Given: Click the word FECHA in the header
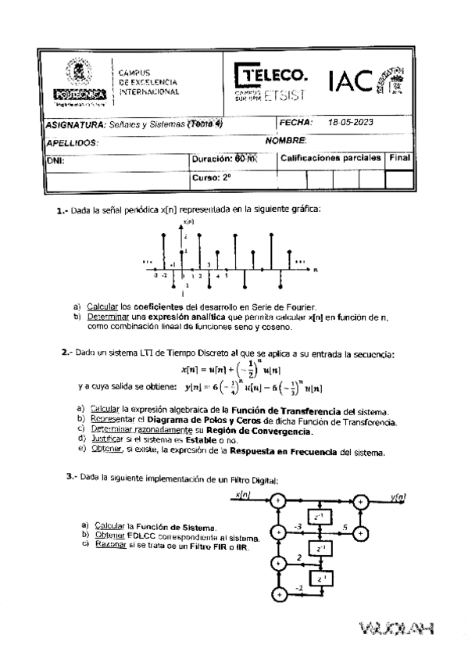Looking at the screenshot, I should (x=295, y=123).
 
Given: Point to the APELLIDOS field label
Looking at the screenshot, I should (x=72, y=143).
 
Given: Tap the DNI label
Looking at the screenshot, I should (x=55, y=160).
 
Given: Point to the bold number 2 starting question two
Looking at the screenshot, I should (x=65, y=353).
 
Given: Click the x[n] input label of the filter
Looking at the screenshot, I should (x=244, y=494).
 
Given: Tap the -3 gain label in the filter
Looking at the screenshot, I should (x=297, y=528).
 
